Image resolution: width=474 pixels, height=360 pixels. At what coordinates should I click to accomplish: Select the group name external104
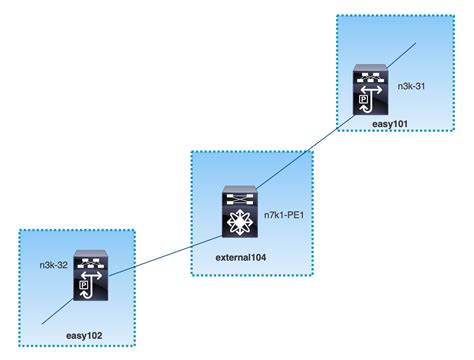pos(244,258)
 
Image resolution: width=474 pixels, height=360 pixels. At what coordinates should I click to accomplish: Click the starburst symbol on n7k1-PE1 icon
pos(240,221)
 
